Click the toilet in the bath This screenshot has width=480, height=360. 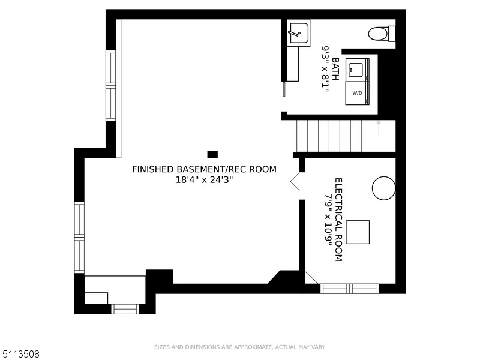pyautogui.click(x=382, y=34)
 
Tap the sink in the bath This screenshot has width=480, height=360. pyautogui.click(x=298, y=33)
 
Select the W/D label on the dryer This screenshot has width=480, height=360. pyautogui.click(x=357, y=93)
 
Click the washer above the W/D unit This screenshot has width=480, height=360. pyautogui.click(x=357, y=70)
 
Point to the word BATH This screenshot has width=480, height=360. pyautogui.click(x=335, y=69)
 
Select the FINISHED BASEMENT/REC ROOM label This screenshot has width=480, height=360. pyautogui.click(x=204, y=169)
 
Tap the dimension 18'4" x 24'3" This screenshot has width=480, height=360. pyautogui.click(x=204, y=179)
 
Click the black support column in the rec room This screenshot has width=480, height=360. pyautogui.click(x=212, y=154)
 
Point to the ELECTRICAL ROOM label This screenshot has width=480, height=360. pyautogui.click(x=338, y=220)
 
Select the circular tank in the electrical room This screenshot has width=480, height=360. pyautogui.click(x=383, y=188)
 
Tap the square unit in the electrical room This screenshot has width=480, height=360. pyautogui.click(x=358, y=232)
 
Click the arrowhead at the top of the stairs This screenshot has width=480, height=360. pyautogui.click(x=379, y=122)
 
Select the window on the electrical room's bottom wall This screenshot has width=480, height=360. pyautogui.click(x=350, y=289)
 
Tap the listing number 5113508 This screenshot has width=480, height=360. pyautogui.click(x=20, y=354)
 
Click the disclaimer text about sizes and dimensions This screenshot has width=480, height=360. pyautogui.click(x=239, y=347)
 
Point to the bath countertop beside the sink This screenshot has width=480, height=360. pyautogui.click(x=293, y=64)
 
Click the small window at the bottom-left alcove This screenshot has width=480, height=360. pyautogui.click(x=125, y=309)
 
